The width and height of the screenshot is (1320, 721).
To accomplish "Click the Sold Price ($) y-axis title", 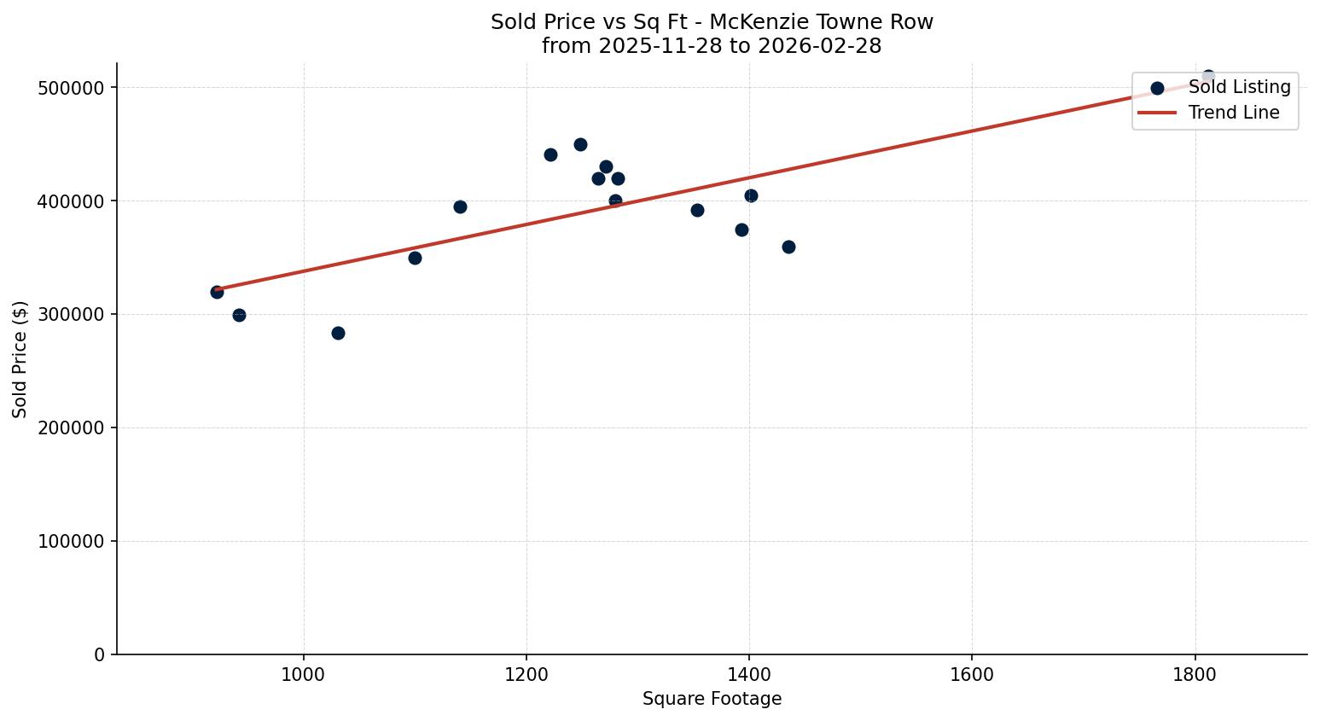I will (20, 359).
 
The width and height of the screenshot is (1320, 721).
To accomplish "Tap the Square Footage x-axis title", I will (712, 699).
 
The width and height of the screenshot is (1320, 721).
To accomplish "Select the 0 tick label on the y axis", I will (100, 654).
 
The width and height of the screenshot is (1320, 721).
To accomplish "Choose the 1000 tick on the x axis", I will (304, 673).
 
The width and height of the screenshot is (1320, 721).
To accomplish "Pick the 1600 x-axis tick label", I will (972, 673).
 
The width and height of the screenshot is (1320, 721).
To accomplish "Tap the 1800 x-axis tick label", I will (1195, 673).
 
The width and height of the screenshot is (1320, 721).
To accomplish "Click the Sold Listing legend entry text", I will (1239, 87).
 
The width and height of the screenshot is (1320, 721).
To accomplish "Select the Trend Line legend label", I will (1234, 113).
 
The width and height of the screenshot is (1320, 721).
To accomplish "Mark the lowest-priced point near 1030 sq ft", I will (338, 333).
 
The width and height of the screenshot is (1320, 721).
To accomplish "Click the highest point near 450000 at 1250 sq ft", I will (580, 144).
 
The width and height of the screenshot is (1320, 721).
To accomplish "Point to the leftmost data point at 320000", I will (217, 292).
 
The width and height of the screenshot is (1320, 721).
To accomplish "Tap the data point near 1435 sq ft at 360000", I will (788, 247).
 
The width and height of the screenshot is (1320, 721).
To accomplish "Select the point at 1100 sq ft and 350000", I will (415, 258).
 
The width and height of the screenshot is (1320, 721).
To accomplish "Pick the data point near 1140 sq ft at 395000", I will (460, 206).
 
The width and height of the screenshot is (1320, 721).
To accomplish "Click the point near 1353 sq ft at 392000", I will (697, 210).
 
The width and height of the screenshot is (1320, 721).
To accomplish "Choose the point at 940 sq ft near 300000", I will (239, 315).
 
